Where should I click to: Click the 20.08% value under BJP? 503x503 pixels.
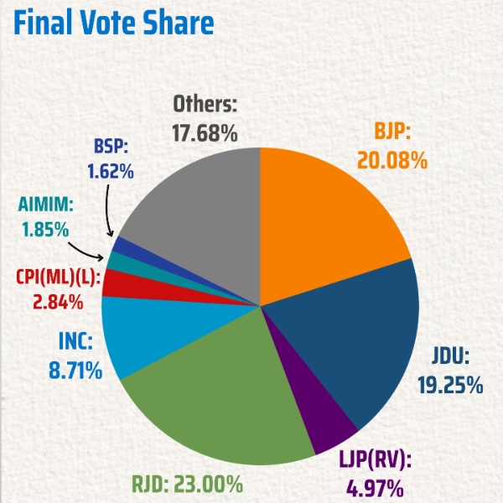(392, 159)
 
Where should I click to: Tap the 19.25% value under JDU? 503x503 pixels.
(450, 385)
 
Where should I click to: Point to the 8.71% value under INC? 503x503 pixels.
(75, 368)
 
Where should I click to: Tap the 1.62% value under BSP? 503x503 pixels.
(111, 173)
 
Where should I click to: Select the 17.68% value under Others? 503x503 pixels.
(205, 132)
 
